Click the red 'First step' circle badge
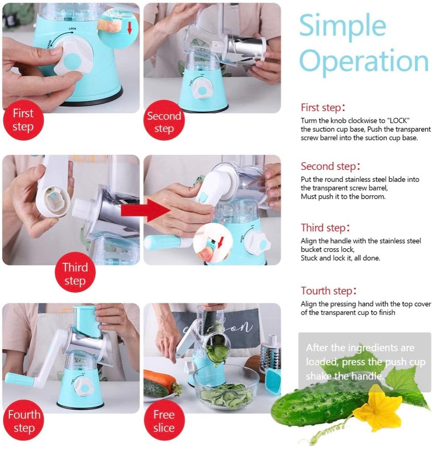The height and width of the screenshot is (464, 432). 22,120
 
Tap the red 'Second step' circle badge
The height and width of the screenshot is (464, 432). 163,122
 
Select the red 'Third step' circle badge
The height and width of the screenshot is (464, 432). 75,274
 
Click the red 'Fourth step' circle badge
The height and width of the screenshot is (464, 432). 23,421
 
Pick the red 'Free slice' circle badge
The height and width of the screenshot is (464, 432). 163,421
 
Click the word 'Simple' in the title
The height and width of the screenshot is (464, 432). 342,26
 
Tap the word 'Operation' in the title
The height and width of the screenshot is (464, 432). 364,62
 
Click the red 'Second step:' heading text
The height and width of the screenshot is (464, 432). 330,167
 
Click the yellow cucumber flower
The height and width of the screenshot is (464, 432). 377,407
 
